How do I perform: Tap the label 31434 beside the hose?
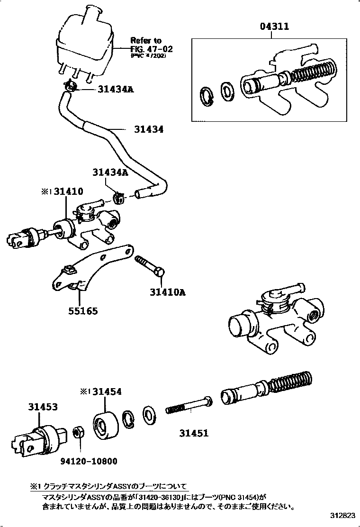click(148, 129)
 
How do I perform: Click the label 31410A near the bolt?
click(164, 292)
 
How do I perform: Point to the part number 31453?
click(43, 407)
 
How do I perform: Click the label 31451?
click(193, 433)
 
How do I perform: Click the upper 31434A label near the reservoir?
click(116, 89)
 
